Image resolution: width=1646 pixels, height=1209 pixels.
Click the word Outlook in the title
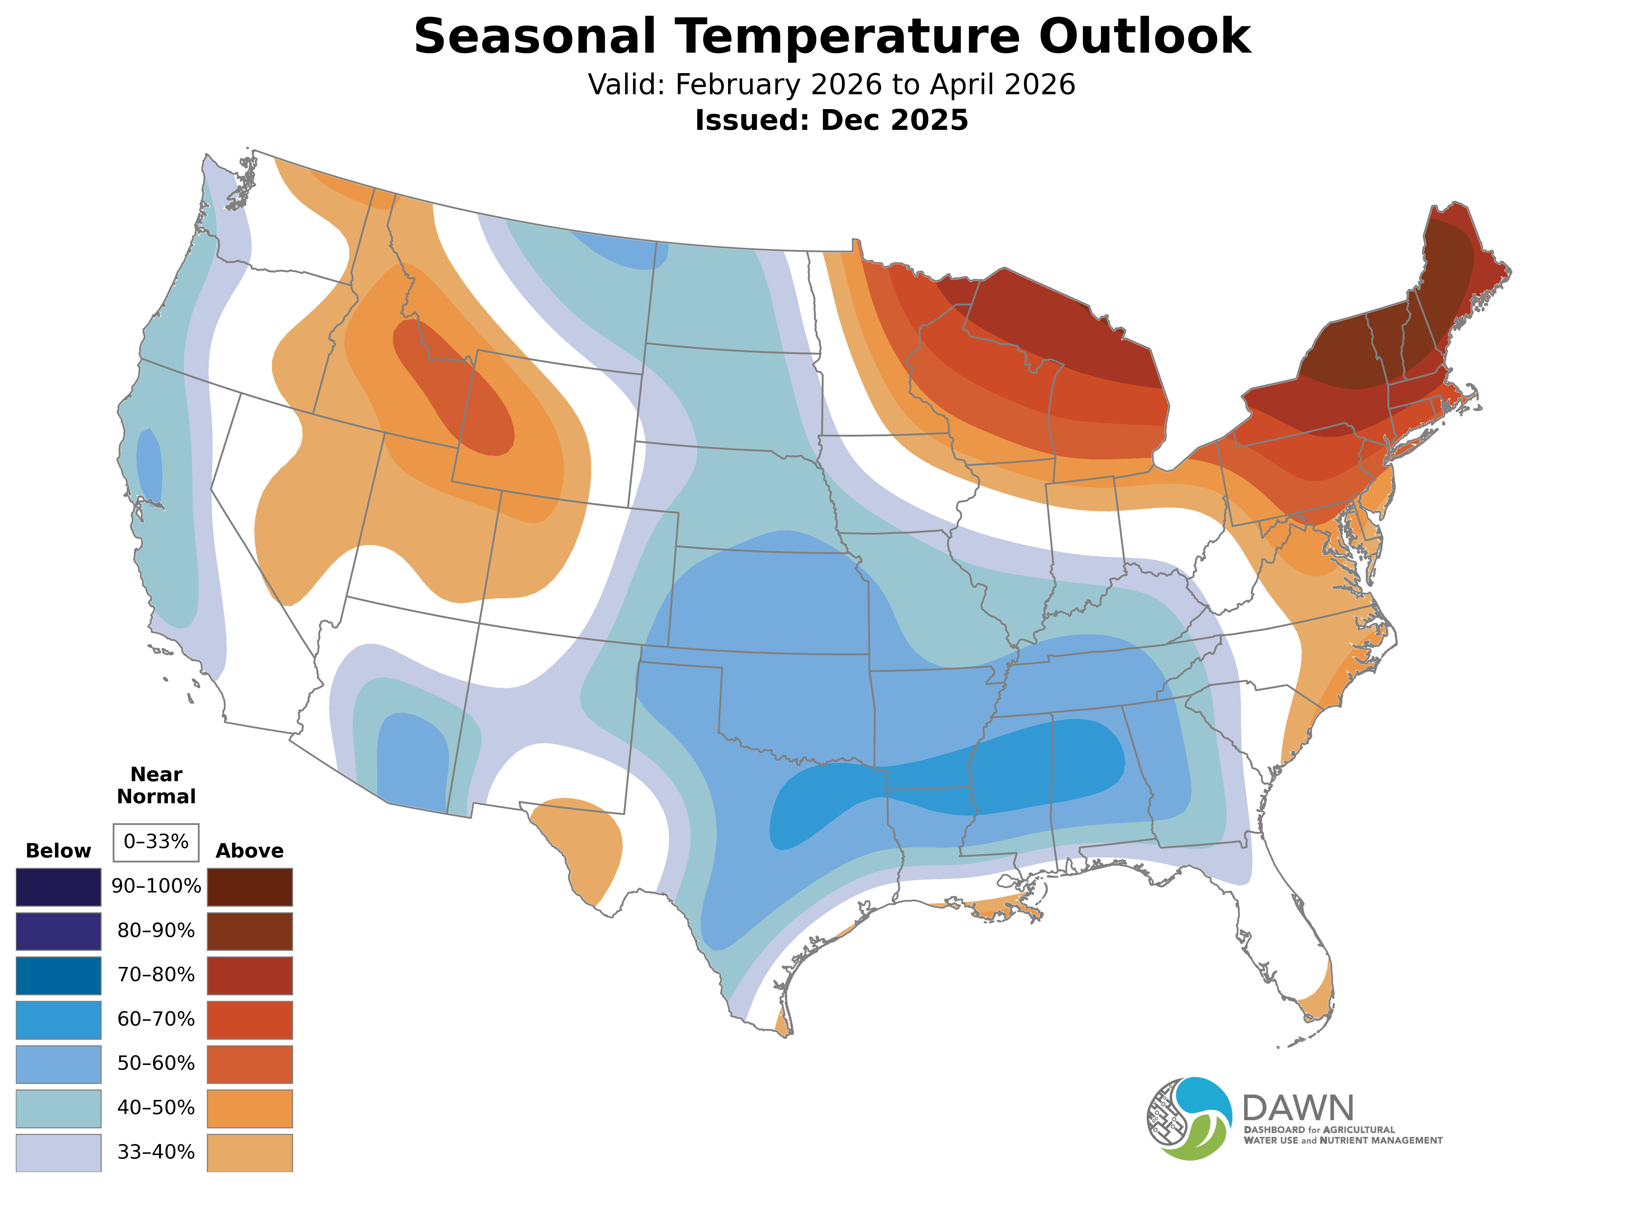(x=1144, y=37)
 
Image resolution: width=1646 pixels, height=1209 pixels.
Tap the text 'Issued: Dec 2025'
(x=831, y=120)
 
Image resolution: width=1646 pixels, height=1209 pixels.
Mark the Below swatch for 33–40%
(x=59, y=1152)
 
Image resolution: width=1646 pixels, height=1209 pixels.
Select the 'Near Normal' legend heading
(x=156, y=785)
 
